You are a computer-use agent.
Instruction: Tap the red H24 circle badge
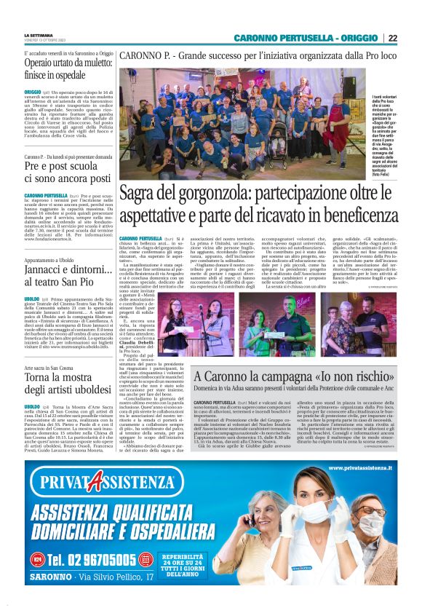pyautogui.click(x=37, y=559)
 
